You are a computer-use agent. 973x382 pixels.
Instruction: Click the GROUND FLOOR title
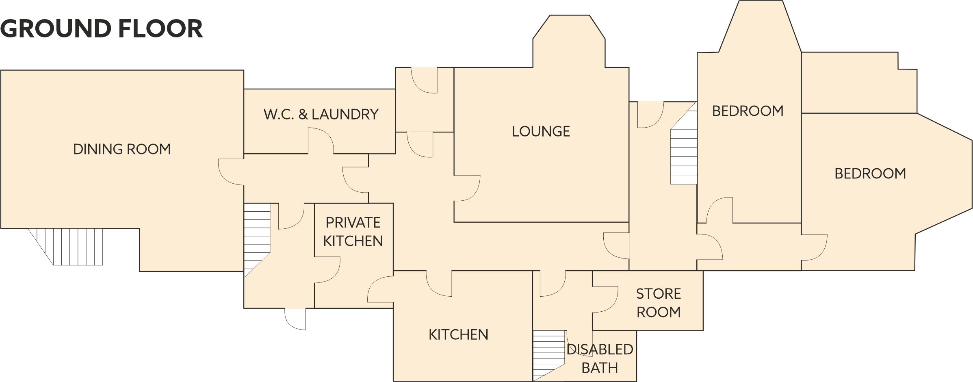[x=102, y=29]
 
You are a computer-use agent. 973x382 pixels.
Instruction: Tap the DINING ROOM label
[x=122, y=149]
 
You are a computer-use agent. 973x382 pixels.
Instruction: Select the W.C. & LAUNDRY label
[x=321, y=114]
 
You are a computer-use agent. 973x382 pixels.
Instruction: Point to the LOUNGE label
[x=541, y=131]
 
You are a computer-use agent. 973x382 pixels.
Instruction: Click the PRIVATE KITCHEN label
[x=353, y=232]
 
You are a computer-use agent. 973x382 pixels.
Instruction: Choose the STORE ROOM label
[x=659, y=303]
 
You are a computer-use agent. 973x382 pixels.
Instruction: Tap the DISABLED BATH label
[x=600, y=358]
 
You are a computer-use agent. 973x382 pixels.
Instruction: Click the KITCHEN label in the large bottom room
[x=458, y=334]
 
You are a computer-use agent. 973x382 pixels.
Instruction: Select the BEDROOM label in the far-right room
[x=870, y=174]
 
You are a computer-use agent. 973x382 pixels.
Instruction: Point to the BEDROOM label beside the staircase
[x=748, y=111]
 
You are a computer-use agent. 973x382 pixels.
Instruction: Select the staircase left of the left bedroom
[x=684, y=143]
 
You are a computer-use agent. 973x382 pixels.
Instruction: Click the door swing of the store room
[x=605, y=300]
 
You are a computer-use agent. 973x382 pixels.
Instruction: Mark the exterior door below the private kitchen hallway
[x=295, y=319]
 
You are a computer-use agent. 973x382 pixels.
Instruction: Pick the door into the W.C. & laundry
[x=321, y=141]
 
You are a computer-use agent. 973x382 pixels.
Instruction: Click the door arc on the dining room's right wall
[x=231, y=172]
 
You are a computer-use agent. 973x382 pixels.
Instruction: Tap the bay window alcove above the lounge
[x=569, y=41]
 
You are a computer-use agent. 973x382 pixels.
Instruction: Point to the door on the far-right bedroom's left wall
[x=814, y=247]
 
